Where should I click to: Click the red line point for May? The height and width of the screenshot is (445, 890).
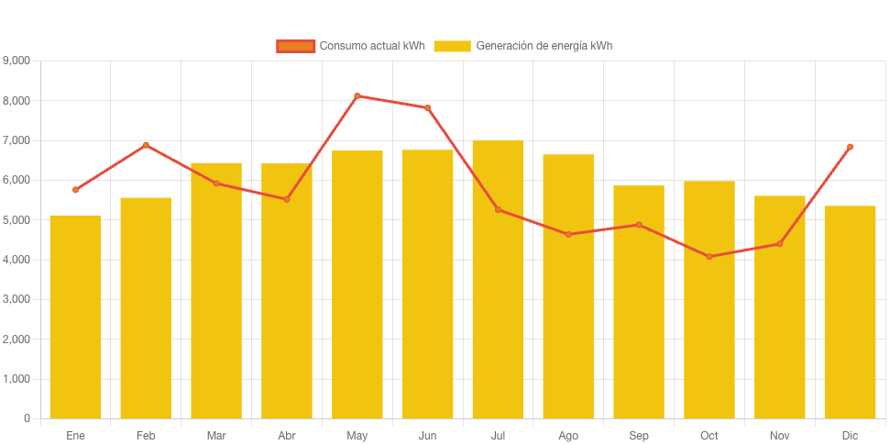(357, 95)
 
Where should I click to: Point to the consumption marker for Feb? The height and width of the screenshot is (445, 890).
(146, 145)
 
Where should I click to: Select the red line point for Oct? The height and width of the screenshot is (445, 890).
(709, 256)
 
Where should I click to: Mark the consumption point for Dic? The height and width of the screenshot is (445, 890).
(850, 147)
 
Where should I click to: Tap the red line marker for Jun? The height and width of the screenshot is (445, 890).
(427, 107)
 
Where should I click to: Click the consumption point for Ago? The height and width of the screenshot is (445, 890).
(568, 234)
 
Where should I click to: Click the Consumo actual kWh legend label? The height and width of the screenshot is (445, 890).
(371, 46)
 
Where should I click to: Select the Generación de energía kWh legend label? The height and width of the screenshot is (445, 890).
(544, 46)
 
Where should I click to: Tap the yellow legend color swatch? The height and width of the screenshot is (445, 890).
(452, 46)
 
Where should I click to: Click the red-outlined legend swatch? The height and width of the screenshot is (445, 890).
(295, 46)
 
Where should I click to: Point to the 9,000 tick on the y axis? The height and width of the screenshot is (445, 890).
(16, 61)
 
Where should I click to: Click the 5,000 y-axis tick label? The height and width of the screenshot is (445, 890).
(16, 220)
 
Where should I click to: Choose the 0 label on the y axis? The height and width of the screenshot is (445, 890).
(27, 418)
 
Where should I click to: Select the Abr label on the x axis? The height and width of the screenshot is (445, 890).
(287, 435)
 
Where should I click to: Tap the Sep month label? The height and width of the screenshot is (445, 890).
(639, 435)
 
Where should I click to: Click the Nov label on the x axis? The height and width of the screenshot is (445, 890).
(779, 435)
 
